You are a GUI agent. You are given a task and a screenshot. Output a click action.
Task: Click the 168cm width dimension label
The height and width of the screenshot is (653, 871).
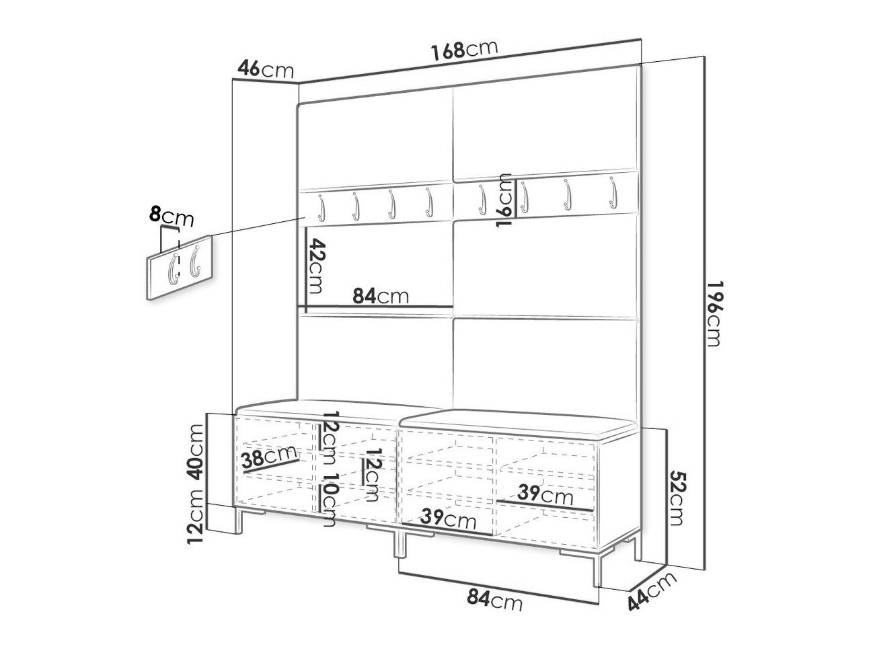tap(464, 49)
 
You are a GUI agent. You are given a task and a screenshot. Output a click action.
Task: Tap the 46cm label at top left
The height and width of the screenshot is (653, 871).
tap(266, 69)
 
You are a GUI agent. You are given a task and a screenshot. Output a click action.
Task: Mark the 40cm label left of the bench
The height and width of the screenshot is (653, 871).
tap(196, 452)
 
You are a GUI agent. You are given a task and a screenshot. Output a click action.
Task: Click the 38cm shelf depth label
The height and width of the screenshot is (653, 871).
tap(268, 456)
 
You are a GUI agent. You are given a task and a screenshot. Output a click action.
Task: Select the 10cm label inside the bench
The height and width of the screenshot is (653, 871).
tap(329, 500)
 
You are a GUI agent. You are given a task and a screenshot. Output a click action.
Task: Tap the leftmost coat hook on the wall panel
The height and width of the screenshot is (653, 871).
tap(321, 207)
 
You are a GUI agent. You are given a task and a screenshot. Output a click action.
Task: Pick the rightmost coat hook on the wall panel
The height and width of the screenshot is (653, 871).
tap(613, 193)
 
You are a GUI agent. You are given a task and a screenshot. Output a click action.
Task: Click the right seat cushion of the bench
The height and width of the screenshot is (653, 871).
tap(515, 424)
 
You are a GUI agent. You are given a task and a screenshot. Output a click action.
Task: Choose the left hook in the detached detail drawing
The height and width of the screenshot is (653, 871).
tap(174, 268)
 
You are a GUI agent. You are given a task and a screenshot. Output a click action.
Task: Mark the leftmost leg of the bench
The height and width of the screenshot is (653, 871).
tap(239, 520)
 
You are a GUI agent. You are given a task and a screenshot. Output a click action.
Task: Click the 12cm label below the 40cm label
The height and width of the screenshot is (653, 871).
tap(196, 516)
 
